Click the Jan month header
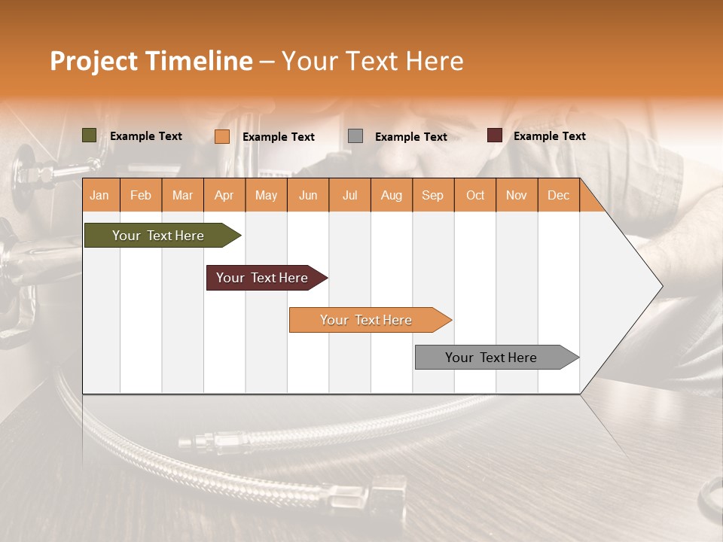pyautogui.click(x=99, y=195)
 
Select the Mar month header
pyautogui.click(x=182, y=195)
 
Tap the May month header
pyautogui.click(x=266, y=195)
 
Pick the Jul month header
pyautogui.click(x=349, y=195)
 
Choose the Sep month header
pyautogui.click(x=432, y=195)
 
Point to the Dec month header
pyautogui.click(x=558, y=195)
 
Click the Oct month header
pyautogui.click(x=475, y=195)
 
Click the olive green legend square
pyautogui.click(x=89, y=135)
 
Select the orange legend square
pyautogui.click(x=221, y=136)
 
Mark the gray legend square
pyautogui.click(x=355, y=136)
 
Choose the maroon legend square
pyautogui.click(x=494, y=135)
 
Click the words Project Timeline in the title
pyautogui.click(x=151, y=61)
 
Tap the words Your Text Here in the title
pyautogui.click(x=372, y=61)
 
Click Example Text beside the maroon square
pyautogui.click(x=549, y=136)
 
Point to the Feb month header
pyautogui.click(x=141, y=195)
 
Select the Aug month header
pyautogui.click(x=391, y=195)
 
